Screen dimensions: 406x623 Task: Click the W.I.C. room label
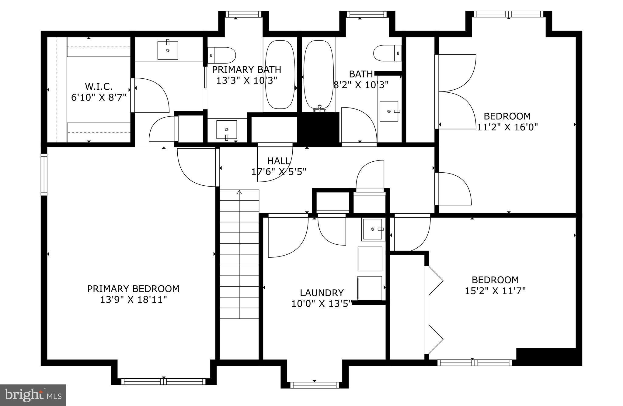pos(99,87)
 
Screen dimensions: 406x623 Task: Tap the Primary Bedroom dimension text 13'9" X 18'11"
pos(134,300)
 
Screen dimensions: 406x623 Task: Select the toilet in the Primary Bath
pos(222,55)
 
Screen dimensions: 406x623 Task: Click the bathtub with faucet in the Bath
pos(318,74)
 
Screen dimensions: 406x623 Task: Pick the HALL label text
pos(279,161)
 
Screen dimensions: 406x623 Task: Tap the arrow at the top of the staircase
pos(239,192)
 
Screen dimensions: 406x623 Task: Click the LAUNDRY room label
pos(322,293)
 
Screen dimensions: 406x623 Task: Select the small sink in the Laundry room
pos(373,229)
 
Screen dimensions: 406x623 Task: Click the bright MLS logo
pos(33,395)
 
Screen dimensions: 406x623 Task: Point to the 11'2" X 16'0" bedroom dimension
pos(507,127)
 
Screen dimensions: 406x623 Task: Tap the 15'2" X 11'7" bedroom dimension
pos(495,291)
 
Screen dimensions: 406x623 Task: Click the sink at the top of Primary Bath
pos(168,50)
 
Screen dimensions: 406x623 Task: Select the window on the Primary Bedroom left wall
pos(44,174)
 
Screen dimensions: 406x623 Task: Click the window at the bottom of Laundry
pos(315,385)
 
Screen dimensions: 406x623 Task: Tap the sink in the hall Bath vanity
pos(389,111)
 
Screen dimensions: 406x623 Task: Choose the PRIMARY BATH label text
pos(246,70)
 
